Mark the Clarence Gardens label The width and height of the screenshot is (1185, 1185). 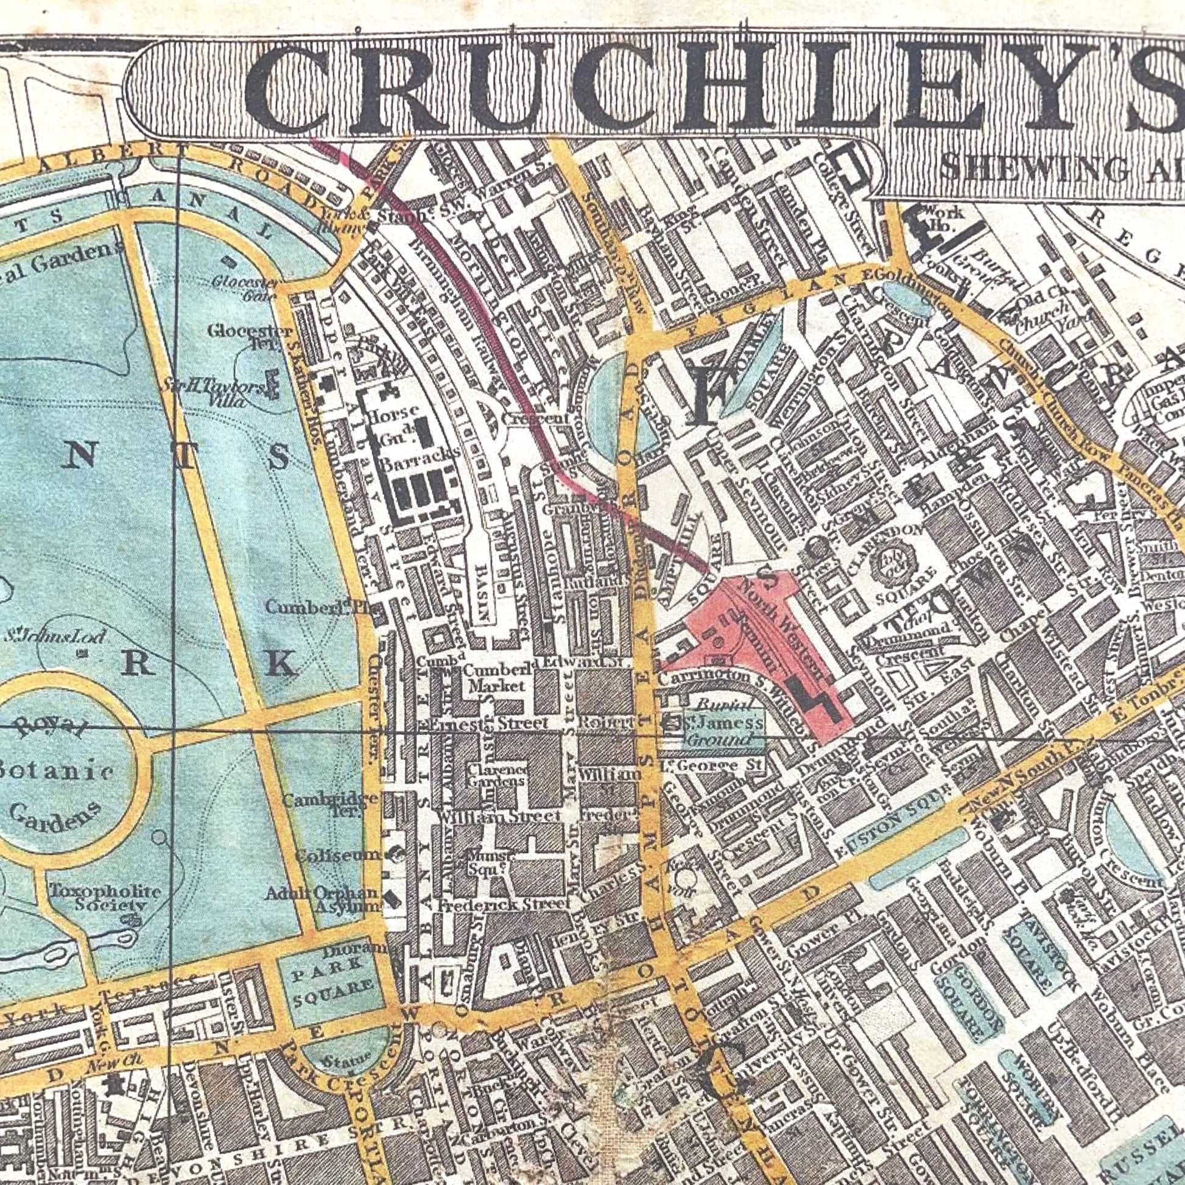point(496,775)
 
